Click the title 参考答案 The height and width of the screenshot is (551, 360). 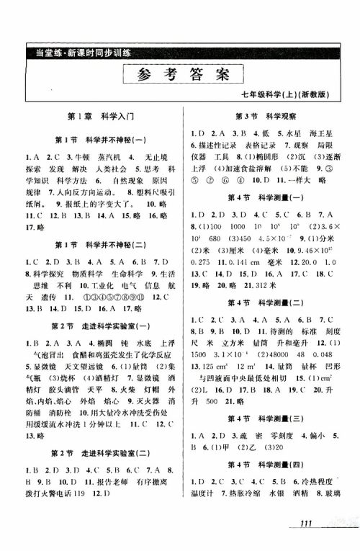click(x=179, y=73)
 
